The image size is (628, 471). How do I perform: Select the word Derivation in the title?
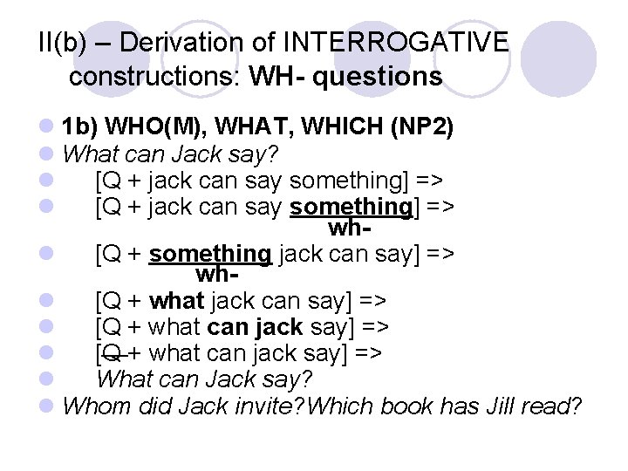196,42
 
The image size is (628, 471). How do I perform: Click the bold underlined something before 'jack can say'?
210,254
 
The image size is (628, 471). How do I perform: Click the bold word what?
176,302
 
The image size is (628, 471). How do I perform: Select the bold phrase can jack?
253,327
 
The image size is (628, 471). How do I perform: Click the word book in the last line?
405,406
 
